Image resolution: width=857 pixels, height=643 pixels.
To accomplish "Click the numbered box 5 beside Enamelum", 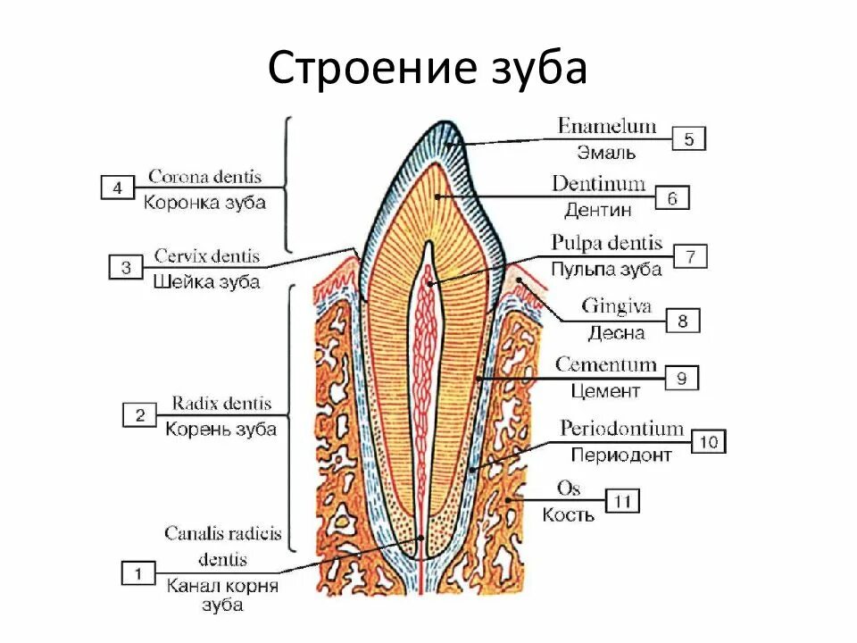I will tap(688, 139).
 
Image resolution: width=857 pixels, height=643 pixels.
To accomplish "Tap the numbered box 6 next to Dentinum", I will tap(672, 198).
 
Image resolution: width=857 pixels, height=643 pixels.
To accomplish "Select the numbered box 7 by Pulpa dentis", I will tap(690, 257).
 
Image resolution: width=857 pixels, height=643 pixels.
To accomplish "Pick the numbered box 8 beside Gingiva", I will tap(683, 320).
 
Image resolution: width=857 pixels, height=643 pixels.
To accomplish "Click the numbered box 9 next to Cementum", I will tap(681, 379).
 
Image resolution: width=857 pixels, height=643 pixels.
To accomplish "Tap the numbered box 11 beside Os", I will tap(622, 501).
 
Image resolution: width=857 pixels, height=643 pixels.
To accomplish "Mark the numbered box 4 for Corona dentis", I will tap(117, 188).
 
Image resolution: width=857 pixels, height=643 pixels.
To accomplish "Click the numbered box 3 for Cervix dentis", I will tap(126, 267).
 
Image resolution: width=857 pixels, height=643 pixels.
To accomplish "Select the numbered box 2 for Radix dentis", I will tap(139, 414).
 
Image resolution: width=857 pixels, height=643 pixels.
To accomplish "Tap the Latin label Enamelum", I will tap(607, 126).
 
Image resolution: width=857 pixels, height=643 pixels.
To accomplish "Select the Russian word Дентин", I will tap(598, 211).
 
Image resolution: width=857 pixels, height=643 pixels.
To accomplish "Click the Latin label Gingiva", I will tap(617, 307).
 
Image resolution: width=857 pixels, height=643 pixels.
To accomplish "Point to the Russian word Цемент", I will tap(606, 391).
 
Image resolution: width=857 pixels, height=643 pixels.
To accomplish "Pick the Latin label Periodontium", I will tap(621, 430).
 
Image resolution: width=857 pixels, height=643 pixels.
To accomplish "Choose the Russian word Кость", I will tap(568, 515).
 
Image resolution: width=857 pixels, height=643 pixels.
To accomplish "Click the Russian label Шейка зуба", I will tap(206, 282).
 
